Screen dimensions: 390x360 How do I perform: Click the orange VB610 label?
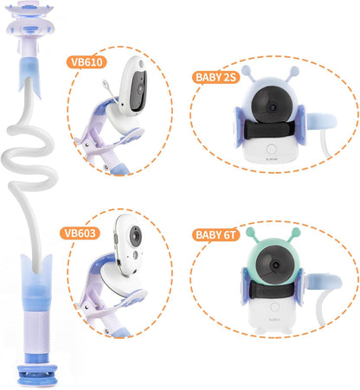[87, 63]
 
